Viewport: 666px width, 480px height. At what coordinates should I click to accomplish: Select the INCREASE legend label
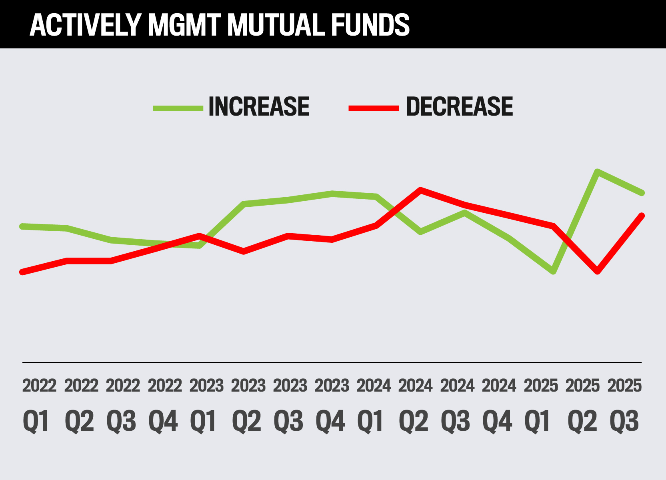259,107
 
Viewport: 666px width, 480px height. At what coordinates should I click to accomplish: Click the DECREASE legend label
459,107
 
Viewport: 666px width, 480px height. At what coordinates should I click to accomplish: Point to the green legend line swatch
178,108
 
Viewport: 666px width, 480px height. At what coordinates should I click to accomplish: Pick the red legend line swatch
374,108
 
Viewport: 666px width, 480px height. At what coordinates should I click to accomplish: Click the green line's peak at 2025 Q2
597,172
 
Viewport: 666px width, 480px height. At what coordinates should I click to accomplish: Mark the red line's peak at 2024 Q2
420,190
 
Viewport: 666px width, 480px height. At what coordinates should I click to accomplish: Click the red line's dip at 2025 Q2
598,271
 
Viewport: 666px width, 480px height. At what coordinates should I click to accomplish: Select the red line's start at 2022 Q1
22,272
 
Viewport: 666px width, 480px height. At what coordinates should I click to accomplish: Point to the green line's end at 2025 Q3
642,193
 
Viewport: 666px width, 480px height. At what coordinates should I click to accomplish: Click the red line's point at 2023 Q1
199,235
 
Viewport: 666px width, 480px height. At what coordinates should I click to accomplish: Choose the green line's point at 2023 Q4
332,194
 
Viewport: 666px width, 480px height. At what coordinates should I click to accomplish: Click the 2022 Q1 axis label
38,405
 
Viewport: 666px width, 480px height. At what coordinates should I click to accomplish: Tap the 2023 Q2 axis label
248,405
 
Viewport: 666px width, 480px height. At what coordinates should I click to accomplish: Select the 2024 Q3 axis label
457,405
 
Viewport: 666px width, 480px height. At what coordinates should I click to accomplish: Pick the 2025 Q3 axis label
624,405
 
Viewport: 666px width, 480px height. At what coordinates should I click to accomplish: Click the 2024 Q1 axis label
373,405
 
